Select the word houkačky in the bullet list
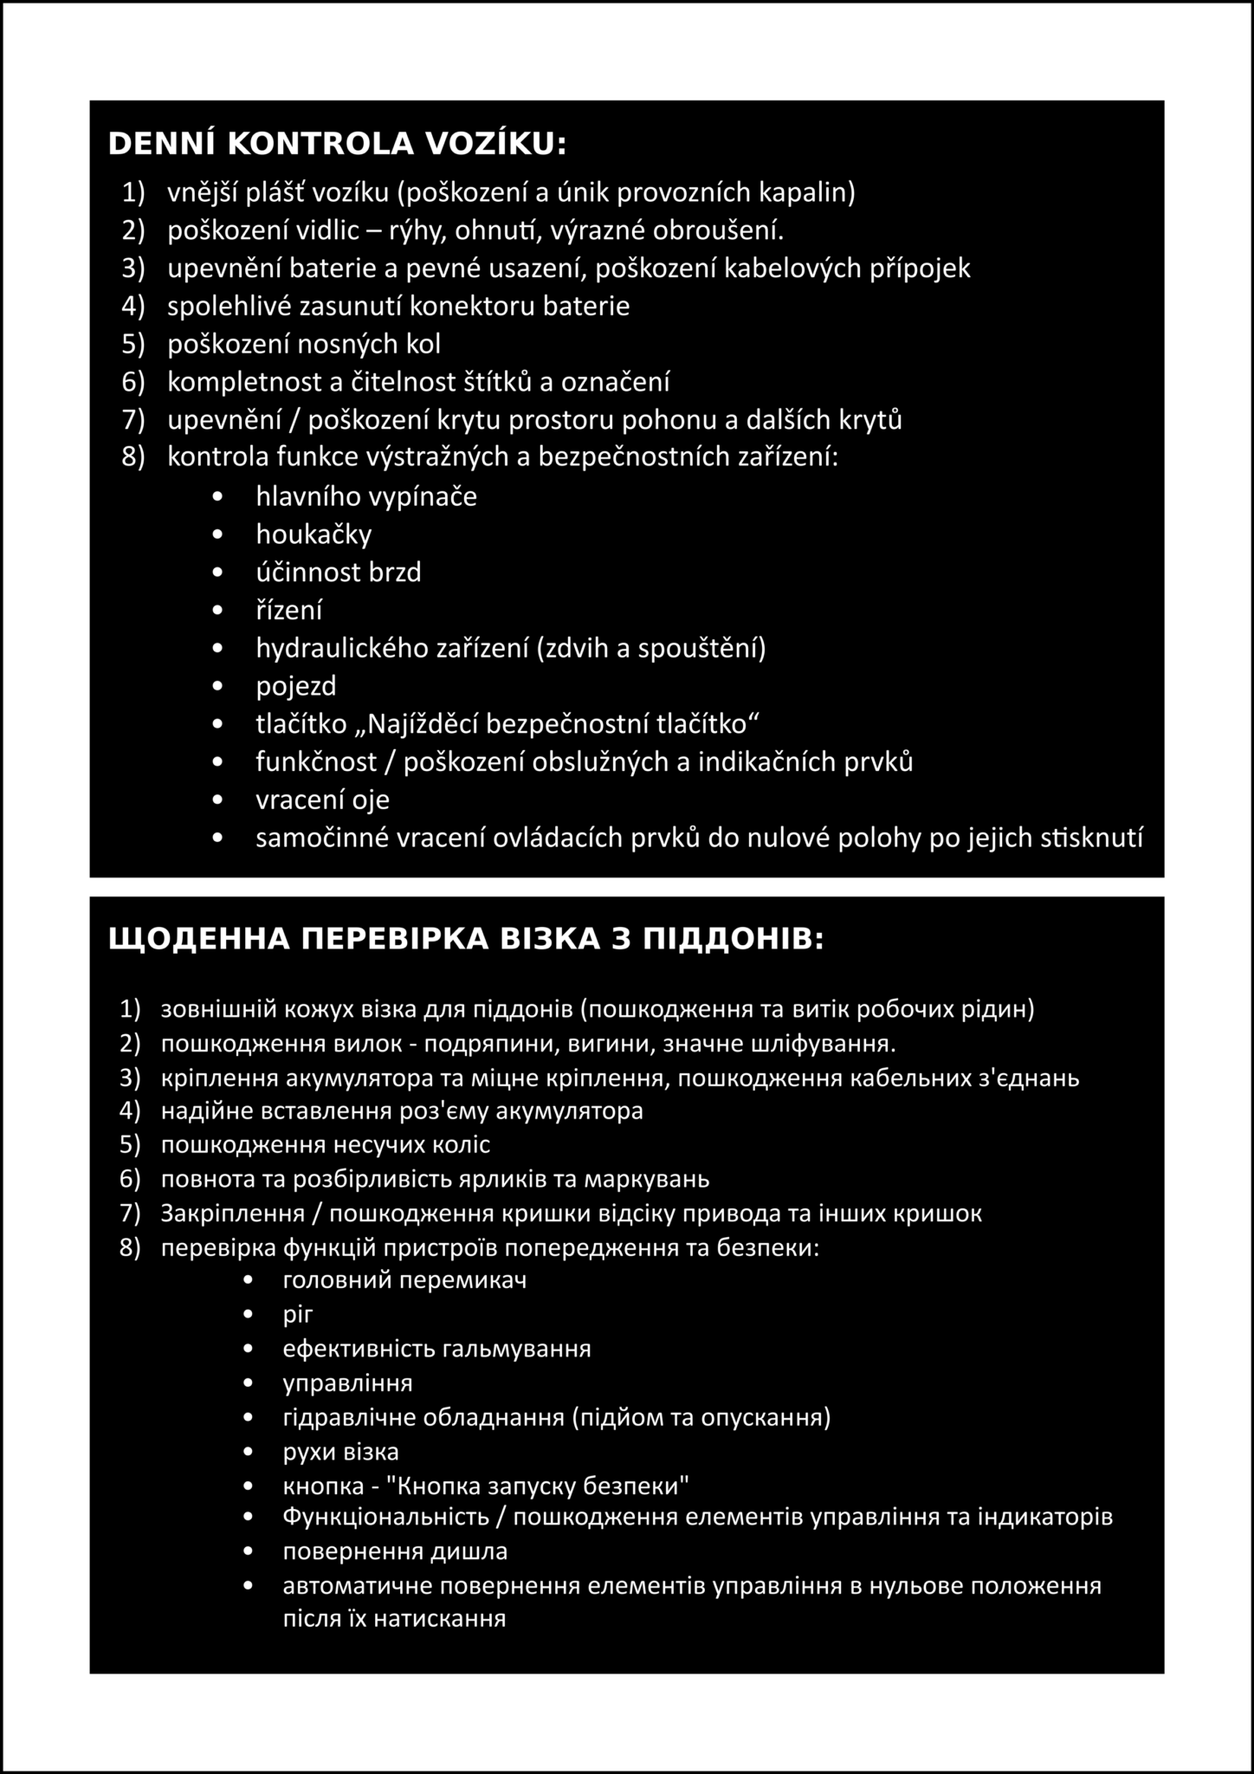313,534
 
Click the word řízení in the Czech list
288,611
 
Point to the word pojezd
295,686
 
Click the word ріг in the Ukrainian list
297,1314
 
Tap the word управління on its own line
347,1382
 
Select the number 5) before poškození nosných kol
133,345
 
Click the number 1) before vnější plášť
133,192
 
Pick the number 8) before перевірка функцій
130,1247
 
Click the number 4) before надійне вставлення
130,1110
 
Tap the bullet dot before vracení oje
217,800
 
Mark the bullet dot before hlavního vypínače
217,497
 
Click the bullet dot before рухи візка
249,1452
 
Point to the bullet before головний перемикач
249,1280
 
